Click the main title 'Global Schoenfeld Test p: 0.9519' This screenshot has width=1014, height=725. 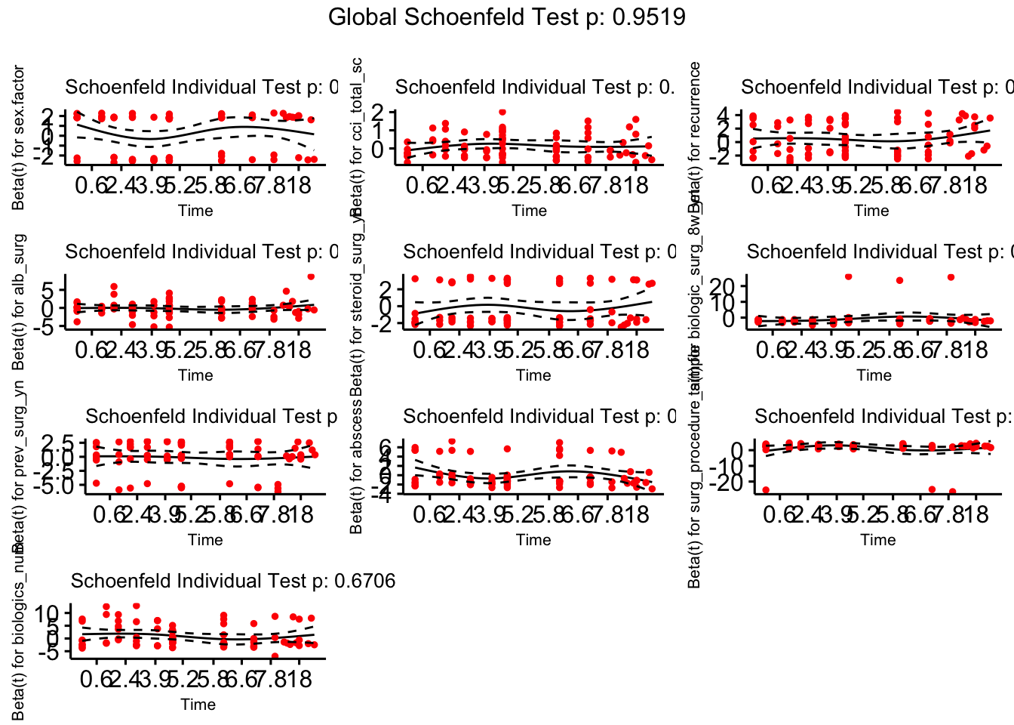click(507, 17)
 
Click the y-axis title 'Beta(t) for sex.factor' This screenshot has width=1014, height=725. click(19, 137)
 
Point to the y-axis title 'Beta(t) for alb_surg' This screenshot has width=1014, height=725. click(19, 302)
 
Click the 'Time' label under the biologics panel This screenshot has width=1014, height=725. click(198, 705)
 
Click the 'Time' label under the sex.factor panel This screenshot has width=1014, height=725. click(195, 211)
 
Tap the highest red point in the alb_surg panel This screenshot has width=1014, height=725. click(311, 277)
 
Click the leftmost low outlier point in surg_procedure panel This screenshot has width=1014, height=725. click(766, 490)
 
